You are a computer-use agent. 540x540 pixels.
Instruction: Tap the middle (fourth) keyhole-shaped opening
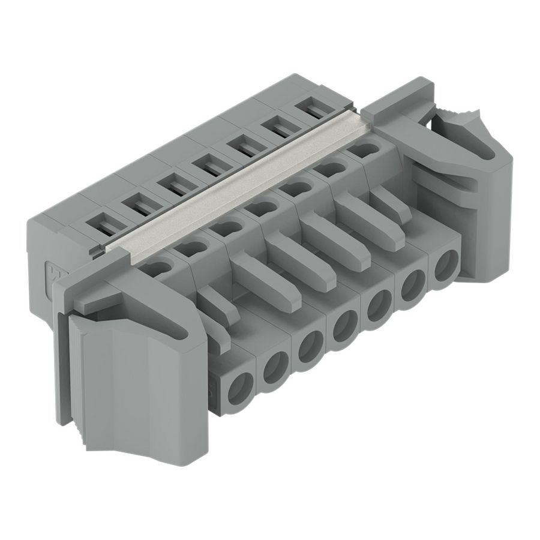[257, 208]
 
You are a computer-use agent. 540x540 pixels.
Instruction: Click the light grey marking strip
[240, 186]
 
